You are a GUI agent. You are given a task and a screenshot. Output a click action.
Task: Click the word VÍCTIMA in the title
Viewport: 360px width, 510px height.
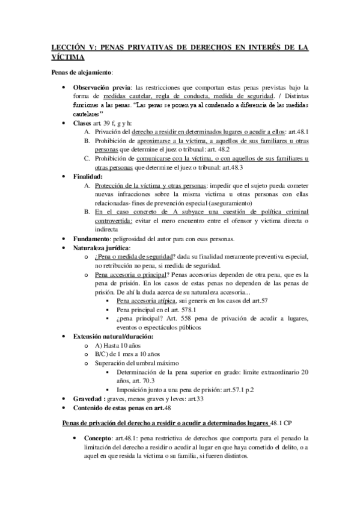67,57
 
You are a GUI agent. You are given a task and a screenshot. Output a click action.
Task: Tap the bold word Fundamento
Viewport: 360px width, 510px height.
93,239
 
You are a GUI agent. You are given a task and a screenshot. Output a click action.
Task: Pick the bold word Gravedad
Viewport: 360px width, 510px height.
90,399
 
